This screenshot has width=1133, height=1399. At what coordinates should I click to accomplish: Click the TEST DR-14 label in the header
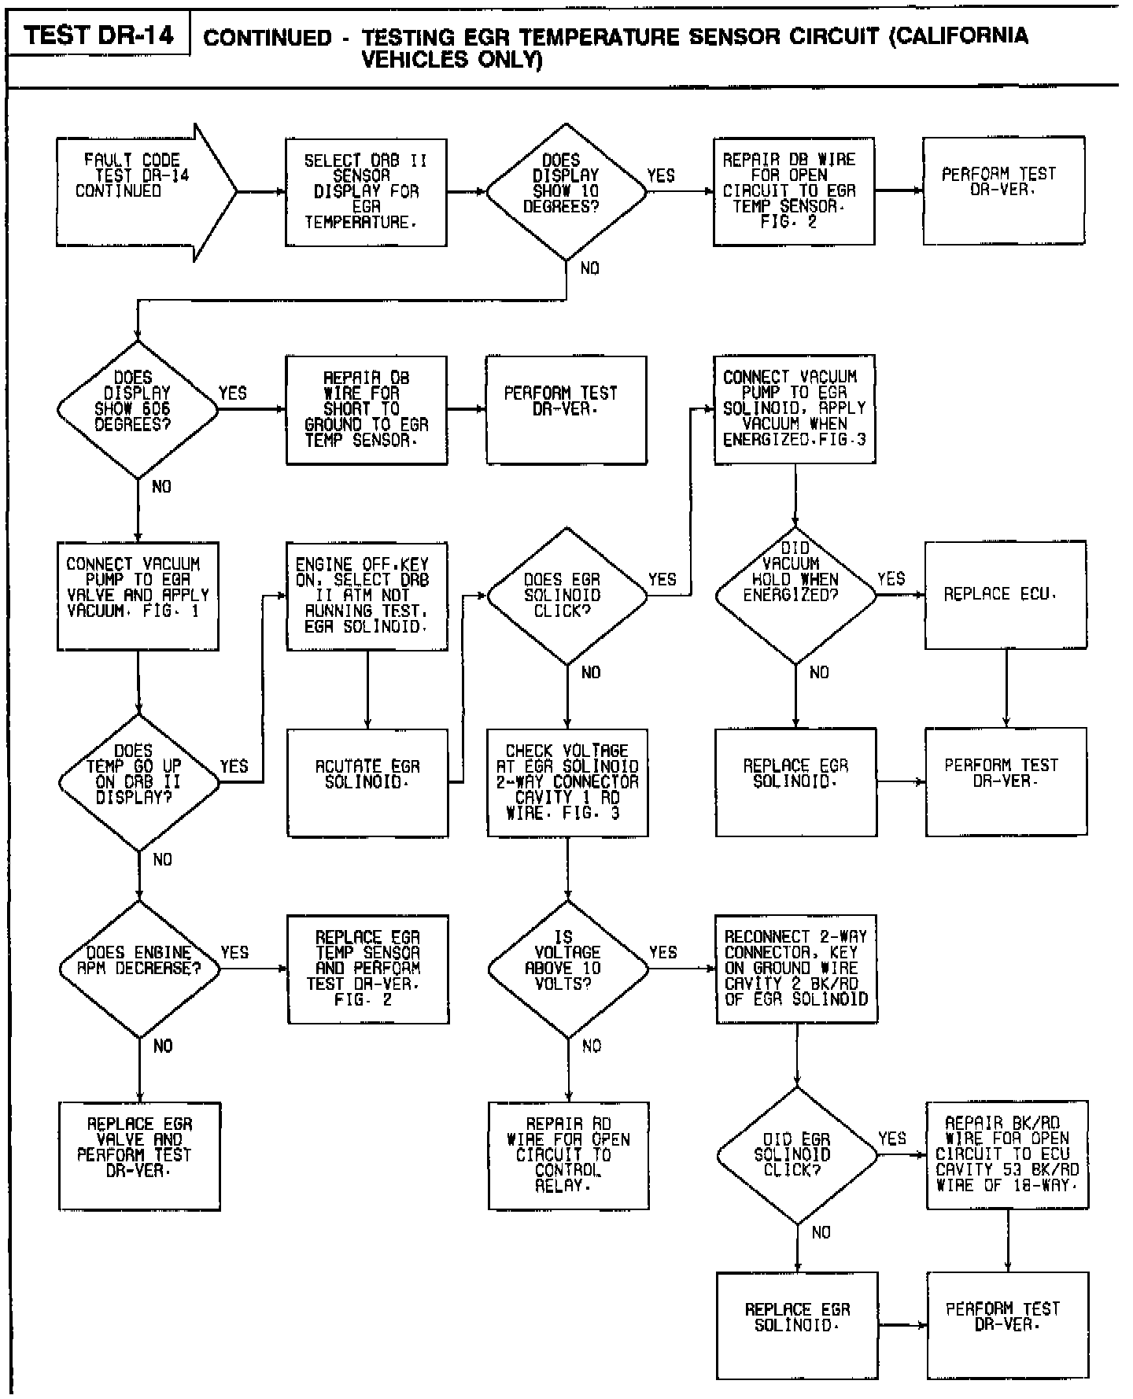[x=98, y=35]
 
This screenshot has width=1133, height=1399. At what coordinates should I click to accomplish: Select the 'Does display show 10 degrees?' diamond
[x=566, y=191]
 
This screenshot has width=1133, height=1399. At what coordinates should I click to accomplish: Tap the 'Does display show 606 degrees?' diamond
[x=138, y=409]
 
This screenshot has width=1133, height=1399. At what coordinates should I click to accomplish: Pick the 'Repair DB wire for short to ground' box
[x=367, y=409]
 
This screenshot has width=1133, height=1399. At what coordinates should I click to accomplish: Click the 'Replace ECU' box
[x=1006, y=594]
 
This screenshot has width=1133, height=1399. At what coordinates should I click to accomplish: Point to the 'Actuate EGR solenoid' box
[x=367, y=782]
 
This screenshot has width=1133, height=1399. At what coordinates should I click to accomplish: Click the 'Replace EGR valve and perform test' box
[x=139, y=1155]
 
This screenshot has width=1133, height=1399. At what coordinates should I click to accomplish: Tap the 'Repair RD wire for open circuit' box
[x=568, y=1155]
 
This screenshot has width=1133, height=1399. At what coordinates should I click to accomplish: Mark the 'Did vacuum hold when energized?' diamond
[x=795, y=594]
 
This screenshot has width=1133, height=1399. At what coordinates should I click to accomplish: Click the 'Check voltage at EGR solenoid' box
[x=567, y=782]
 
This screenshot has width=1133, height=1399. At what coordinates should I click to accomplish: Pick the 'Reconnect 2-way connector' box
[x=796, y=969]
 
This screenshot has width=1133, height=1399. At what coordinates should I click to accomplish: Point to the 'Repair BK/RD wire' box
[x=1007, y=1154]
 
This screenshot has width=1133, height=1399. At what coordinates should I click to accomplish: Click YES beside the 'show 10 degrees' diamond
[x=661, y=175]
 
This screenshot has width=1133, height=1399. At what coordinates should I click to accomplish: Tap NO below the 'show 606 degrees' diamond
[x=161, y=487]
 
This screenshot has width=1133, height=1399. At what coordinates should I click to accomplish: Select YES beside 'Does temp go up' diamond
[x=234, y=766]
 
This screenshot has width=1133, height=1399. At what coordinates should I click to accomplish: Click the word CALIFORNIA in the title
[x=959, y=36]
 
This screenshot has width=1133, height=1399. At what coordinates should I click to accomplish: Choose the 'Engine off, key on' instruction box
[x=367, y=596]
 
